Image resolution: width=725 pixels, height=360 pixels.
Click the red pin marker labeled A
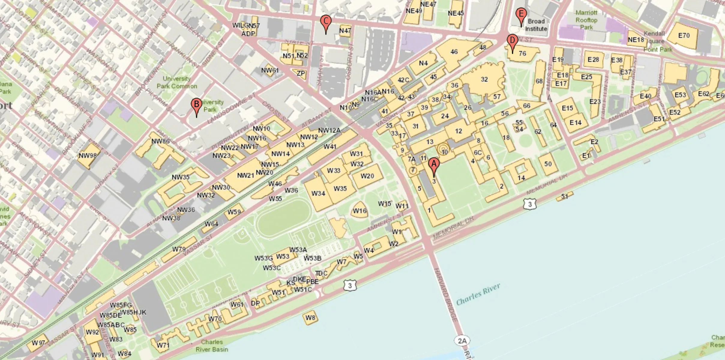coord(434,165)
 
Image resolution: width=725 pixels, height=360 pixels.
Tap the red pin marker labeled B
coord(196,105)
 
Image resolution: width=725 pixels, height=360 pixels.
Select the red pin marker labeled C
coord(326,22)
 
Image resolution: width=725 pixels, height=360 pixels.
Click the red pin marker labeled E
coord(521,14)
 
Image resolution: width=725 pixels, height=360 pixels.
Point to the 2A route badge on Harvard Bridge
coord(462,341)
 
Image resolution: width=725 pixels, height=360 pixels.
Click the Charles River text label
coord(478,294)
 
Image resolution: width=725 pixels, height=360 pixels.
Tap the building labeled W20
coord(367,176)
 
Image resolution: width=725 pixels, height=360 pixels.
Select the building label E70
coord(684,36)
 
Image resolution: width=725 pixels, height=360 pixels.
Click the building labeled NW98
coord(88,156)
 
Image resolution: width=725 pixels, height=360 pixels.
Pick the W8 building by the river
coord(310,318)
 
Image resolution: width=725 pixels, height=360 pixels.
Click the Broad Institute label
coord(536,25)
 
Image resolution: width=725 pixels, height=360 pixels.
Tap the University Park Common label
coord(177,82)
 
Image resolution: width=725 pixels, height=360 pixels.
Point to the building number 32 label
coord(484,80)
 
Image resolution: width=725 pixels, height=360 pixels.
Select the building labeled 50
coord(548,164)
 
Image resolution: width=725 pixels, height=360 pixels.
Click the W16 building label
coord(359,211)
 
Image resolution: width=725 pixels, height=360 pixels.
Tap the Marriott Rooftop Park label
coord(586,20)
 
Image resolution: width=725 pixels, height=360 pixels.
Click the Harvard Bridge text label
coord(445,294)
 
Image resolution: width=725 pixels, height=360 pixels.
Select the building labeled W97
coord(38,343)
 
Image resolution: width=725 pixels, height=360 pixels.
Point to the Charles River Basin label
coord(212,346)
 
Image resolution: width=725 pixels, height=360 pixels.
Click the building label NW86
coord(160,141)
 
